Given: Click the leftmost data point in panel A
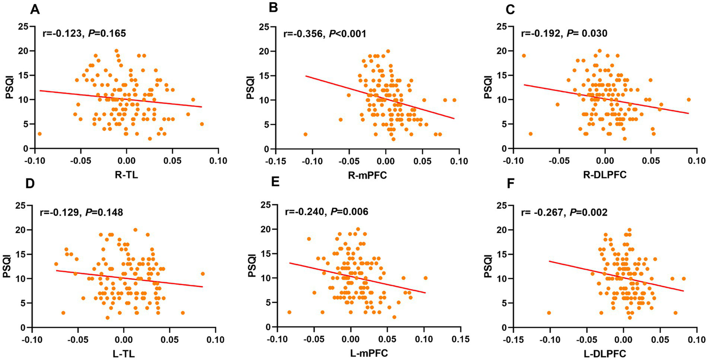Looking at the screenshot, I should pyautogui.click(x=40, y=134).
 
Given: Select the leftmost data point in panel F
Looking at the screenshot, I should pyautogui.click(x=549, y=313).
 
